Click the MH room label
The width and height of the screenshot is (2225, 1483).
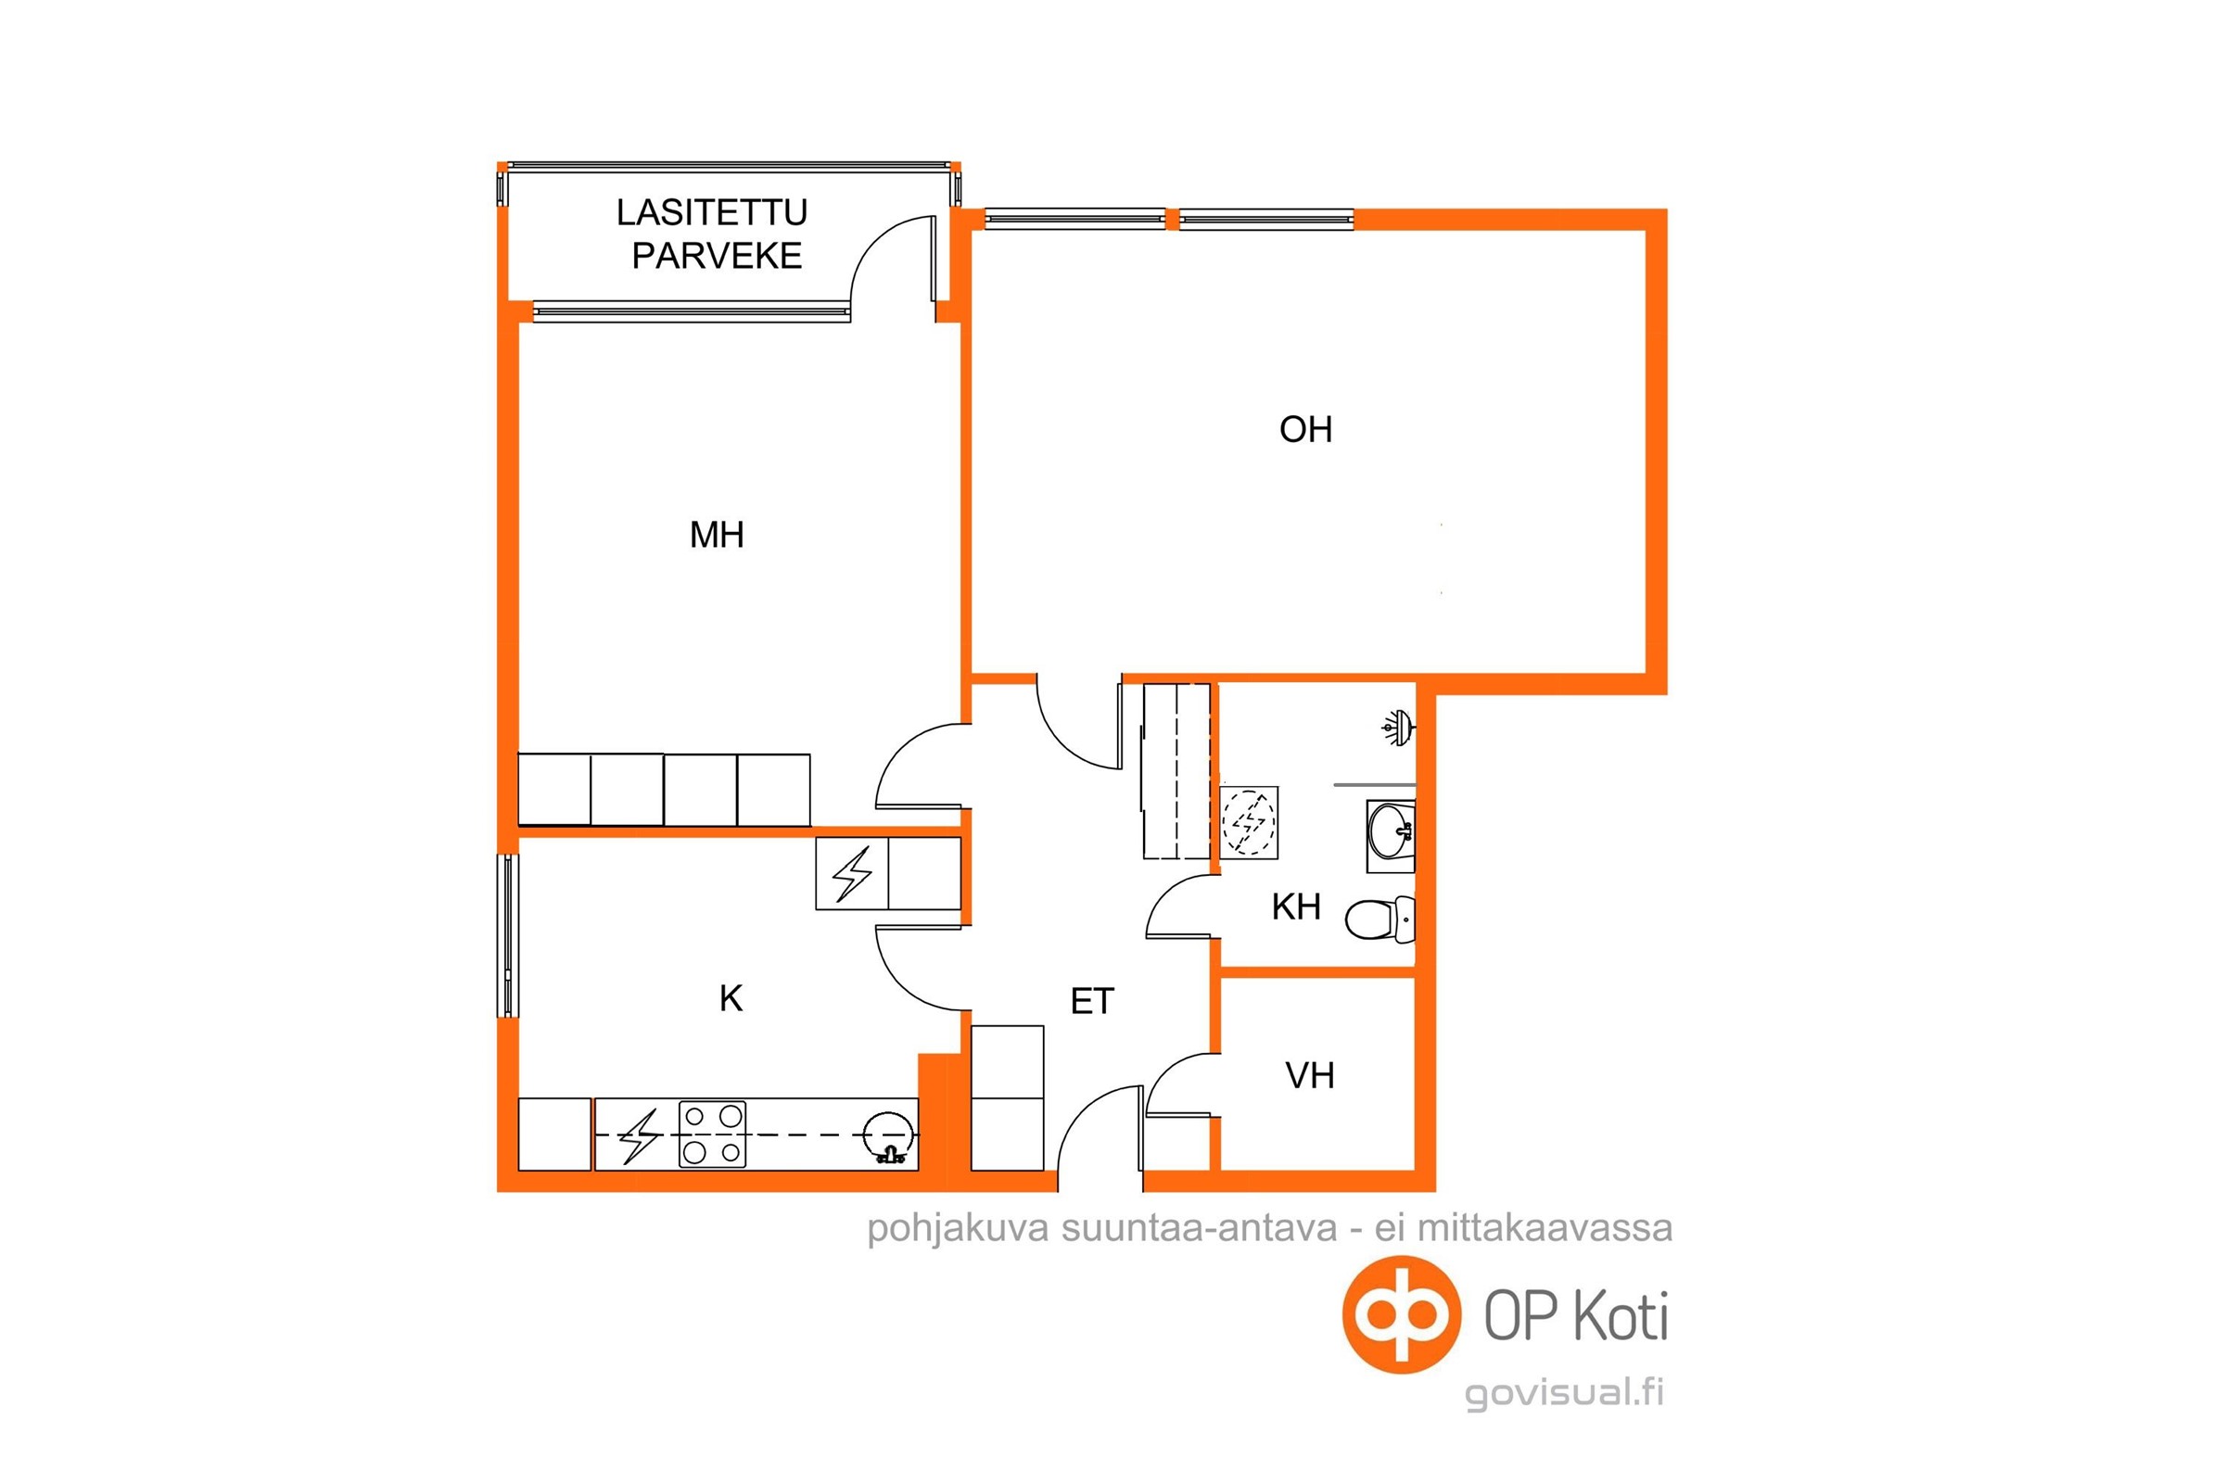[x=716, y=536]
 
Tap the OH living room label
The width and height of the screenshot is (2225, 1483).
[x=1305, y=429]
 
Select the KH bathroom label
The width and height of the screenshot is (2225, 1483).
[x=1296, y=907]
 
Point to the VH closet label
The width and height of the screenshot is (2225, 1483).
[x=1309, y=1075]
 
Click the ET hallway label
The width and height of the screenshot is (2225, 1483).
[x=1093, y=1001]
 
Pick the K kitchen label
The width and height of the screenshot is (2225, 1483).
[x=731, y=998]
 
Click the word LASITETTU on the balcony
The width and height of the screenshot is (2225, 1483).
[x=712, y=213]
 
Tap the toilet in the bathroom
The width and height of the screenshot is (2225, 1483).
[x=1380, y=919]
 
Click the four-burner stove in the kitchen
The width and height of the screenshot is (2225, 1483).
[x=712, y=1134]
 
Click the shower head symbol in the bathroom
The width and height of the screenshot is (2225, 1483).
[x=1398, y=728]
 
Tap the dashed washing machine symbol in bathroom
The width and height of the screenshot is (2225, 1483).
[x=1249, y=822]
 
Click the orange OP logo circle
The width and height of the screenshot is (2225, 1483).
[x=1402, y=1314]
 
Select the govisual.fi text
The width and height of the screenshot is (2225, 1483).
[x=1564, y=1393]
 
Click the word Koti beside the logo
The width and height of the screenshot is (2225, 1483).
[x=1621, y=1315]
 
